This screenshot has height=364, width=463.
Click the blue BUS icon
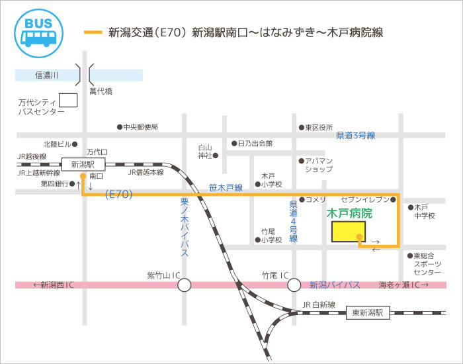[x=39, y=30]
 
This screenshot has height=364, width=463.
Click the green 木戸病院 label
[x=350, y=214]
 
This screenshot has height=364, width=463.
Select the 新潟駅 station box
[x=83, y=163]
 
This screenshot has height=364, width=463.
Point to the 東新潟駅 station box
[x=368, y=313]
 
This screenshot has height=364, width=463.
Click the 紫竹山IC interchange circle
[x=184, y=285]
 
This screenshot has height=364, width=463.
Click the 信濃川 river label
[x=46, y=75]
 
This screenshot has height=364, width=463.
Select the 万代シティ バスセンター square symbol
[x=68, y=101]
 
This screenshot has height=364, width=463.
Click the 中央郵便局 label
[x=142, y=126]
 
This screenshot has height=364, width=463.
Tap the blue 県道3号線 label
[x=355, y=136]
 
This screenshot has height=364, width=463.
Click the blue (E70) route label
[x=120, y=195]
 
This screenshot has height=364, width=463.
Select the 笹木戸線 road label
[x=226, y=188]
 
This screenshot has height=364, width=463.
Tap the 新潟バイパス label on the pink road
[x=335, y=285]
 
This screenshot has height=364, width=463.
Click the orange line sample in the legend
[x=93, y=32]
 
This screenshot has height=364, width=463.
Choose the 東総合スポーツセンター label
[x=427, y=263]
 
